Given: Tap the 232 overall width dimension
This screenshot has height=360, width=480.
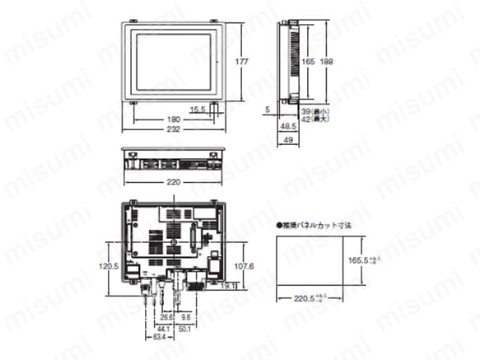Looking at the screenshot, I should point(172,130).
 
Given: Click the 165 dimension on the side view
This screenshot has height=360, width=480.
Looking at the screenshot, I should point(306,61).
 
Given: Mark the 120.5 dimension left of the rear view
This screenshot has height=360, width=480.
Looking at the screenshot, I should point(110,266).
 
